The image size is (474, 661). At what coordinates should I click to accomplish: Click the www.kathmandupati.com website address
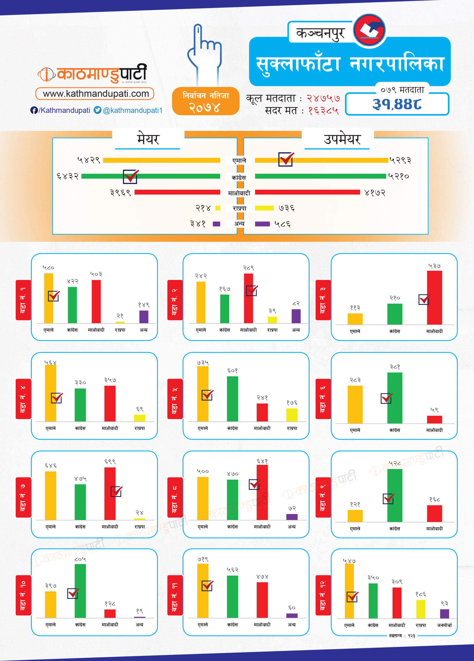[x=95, y=93]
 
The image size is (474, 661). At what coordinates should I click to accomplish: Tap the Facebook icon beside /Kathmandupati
[x=34, y=110]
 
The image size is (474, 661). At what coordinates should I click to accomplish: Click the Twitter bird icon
[x=97, y=110]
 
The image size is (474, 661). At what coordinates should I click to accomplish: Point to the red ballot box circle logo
[x=369, y=30]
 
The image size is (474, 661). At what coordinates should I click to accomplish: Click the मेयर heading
[x=148, y=139]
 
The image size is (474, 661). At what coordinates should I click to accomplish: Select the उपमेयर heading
[x=342, y=139]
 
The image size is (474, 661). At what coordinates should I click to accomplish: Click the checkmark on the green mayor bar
[x=131, y=176]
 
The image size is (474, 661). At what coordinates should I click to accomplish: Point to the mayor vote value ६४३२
[x=68, y=176]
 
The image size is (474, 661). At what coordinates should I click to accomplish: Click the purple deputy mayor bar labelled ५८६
[x=262, y=224]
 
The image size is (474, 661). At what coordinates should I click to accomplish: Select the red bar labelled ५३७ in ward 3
[x=434, y=297]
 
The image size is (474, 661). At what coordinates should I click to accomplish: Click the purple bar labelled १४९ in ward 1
[x=144, y=317]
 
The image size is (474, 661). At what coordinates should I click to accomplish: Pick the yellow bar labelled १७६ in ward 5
[x=292, y=415]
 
